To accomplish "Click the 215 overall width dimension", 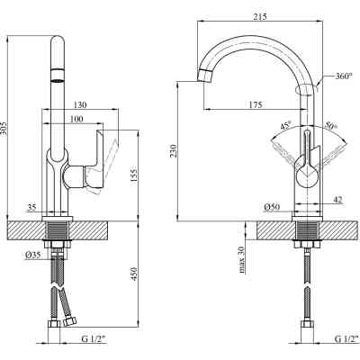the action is [260, 16].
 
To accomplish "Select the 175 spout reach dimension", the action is [256, 104].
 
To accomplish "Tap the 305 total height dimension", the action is [4, 129].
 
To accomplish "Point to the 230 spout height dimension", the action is [174, 151].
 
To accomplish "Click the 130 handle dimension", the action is [80, 104].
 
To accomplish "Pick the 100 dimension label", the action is [76, 119].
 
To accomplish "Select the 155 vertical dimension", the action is [134, 175].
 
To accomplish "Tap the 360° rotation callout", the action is [344, 76].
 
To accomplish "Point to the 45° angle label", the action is [286, 126].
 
